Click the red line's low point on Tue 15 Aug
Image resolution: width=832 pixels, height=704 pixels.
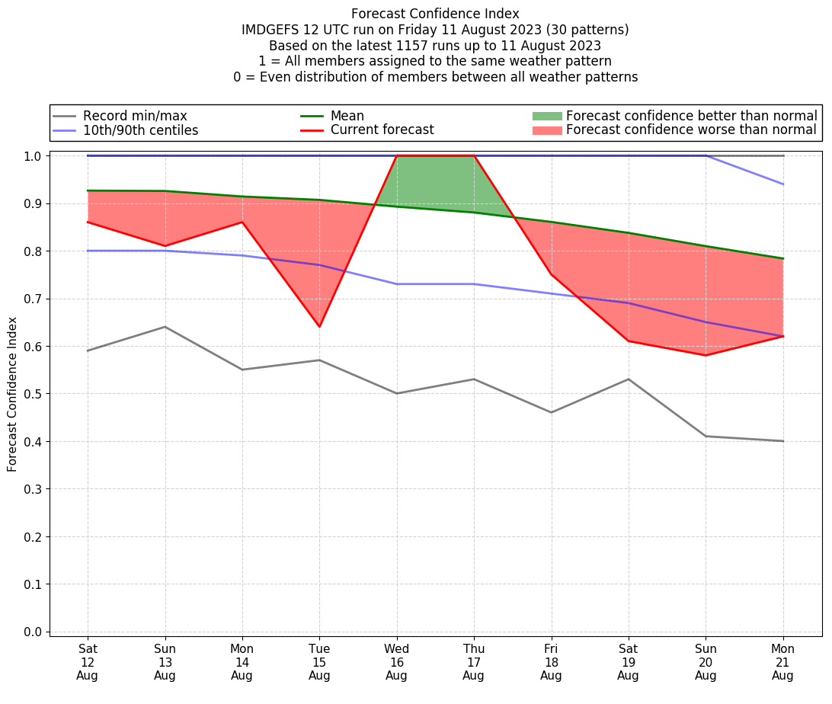[x=319, y=327]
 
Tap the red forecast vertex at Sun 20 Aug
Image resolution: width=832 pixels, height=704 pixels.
[x=706, y=355]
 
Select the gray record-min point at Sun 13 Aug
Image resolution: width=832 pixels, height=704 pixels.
[x=165, y=327]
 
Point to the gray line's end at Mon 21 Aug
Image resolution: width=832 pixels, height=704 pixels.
[x=782, y=441]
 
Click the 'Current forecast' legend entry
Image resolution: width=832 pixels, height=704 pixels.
[x=382, y=130]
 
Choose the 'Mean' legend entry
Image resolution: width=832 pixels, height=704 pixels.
[x=347, y=116]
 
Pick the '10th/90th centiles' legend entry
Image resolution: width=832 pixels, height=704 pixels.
[x=140, y=130]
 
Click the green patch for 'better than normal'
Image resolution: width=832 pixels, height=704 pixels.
[x=546, y=116]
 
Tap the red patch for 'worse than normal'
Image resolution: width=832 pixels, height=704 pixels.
[x=546, y=130]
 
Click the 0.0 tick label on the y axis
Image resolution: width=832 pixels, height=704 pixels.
[x=34, y=632]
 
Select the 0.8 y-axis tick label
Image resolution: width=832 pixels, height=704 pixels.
[x=34, y=251]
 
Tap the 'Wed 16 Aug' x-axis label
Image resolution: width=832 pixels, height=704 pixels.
[x=396, y=662]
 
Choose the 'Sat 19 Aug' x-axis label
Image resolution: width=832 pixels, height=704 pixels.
[x=628, y=662]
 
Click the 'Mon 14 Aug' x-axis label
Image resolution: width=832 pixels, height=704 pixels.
[x=242, y=662]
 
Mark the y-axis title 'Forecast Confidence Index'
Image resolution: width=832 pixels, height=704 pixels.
[x=12, y=394]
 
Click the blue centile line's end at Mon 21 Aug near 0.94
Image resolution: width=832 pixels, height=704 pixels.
[x=782, y=184]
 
